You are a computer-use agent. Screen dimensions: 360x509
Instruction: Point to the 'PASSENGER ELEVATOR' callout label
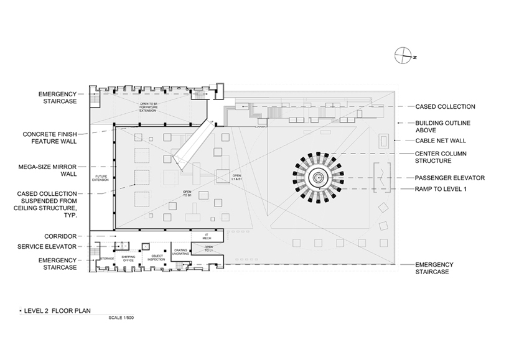tap(449, 178)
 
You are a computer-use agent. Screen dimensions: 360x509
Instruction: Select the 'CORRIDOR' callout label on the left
tap(60, 236)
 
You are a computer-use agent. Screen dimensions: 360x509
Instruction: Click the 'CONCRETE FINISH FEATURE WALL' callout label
tap(49, 137)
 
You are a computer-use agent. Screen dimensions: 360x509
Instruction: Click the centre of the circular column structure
tap(318, 178)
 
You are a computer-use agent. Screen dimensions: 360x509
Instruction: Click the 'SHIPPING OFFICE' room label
tap(128, 257)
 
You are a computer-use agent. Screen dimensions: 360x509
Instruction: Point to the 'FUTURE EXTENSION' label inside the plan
tap(101, 178)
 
